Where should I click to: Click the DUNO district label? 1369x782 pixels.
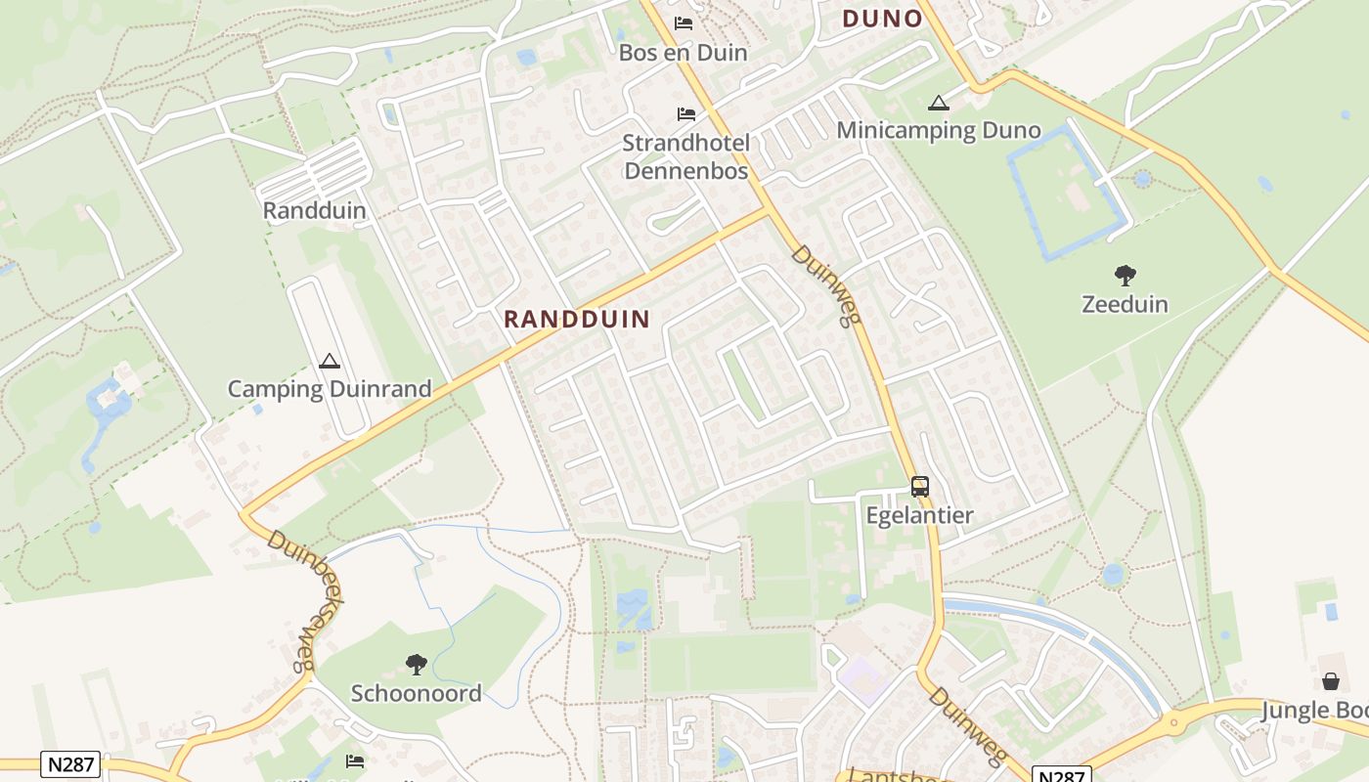coord(882,19)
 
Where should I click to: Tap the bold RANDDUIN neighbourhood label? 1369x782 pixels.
coord(577,319)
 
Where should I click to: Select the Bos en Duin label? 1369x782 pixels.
coord(683,53)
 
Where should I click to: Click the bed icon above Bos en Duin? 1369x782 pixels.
coord(684,23)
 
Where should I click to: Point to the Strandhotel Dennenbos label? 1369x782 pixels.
coord(685,157)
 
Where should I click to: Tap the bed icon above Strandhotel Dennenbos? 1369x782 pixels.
coord(686,115)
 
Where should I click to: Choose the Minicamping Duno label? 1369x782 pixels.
coord(938,131)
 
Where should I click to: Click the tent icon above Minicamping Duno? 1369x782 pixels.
coord(938,103)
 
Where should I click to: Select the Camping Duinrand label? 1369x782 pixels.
coord(330,389)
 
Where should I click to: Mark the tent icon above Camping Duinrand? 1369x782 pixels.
coord(329,361)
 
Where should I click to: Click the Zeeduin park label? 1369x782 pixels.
coord(1125,304)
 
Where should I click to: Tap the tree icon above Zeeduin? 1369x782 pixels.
coord(1125,276)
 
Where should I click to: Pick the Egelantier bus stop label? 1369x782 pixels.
coord(919,515)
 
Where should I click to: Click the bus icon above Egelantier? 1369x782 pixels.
coord(919,486)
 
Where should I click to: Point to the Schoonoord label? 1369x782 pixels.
coord(417,694)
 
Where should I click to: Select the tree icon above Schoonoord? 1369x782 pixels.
coord(417,665)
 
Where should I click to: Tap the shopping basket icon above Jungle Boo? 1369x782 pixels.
coord(1331,681)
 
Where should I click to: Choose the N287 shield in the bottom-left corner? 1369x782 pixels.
coord(70,764)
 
